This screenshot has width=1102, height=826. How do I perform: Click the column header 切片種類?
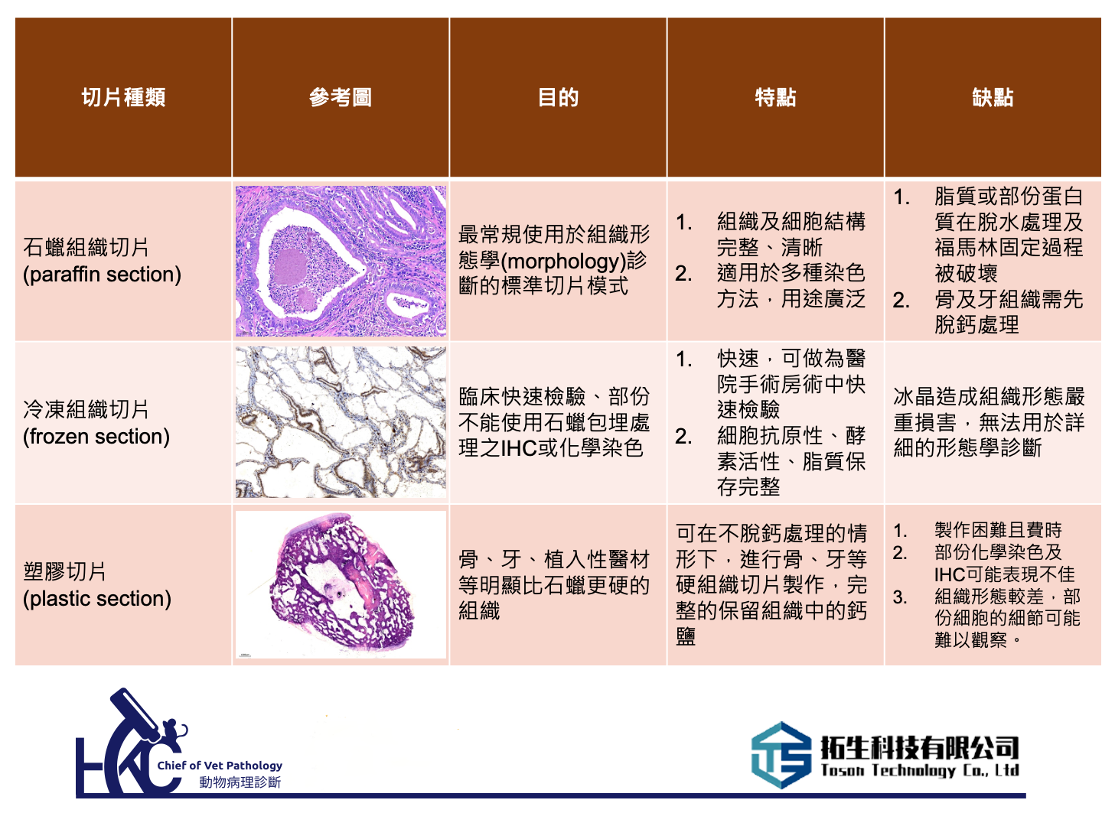coord(123,97)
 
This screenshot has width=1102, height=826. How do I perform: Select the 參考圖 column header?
coord(340,97)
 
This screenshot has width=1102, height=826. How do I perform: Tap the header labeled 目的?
coord(558,97)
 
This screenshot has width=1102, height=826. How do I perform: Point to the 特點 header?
coord(775,97)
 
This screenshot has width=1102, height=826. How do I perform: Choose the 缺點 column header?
coord(992,97)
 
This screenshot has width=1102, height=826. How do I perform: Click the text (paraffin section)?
coord(102,275)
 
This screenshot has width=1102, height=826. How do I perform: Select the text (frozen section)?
coord(96,436)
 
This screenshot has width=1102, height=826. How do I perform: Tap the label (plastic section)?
coord(97,598)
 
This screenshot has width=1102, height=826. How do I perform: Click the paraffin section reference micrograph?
coord(341,261)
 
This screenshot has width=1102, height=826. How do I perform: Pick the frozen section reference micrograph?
coord(341,422)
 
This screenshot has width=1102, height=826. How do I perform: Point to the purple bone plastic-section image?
coord(341,584)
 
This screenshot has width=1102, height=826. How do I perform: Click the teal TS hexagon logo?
coord(781,755)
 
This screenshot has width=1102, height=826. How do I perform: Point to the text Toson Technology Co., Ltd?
coord(920,770)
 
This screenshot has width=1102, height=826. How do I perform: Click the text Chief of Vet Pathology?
coord(220,766)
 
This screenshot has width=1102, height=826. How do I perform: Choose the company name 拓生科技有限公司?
coord(920,747)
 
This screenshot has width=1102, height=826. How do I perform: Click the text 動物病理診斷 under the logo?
coord(240,782)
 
